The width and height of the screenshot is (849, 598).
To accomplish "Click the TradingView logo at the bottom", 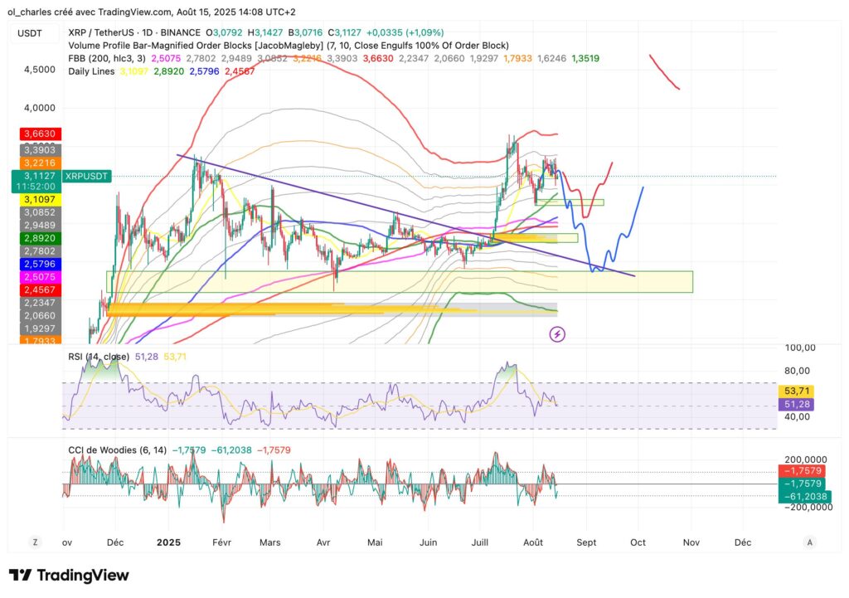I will [69, 576].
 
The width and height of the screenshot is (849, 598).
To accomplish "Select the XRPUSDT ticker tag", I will [87, 177].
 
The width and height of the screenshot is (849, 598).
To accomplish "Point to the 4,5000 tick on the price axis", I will [40, 70].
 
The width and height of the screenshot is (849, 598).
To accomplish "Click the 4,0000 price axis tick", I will [40, 108].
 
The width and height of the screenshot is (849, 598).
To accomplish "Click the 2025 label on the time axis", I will [168, 542].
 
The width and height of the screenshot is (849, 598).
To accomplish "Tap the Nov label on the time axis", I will [691, 542].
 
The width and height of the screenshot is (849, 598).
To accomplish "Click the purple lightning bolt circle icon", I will [558, 334].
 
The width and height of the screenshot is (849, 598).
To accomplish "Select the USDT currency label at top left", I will [32, 32].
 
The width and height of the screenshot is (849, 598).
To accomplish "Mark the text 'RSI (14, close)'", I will [98, 357].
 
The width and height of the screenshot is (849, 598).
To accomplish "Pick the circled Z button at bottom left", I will [36, 542].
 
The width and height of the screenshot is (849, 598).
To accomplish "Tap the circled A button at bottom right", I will [810, 542].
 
